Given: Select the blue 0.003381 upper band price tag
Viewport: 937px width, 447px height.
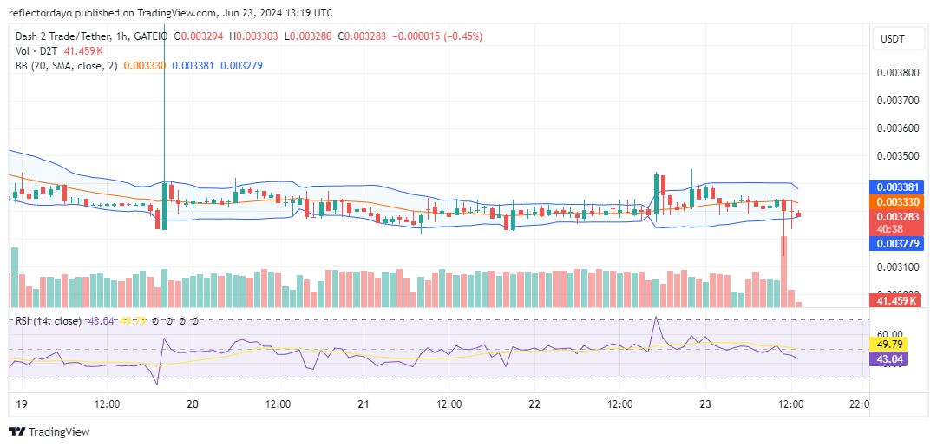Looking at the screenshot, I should coord(897,187).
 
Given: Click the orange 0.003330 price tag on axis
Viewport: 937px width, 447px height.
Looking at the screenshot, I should coord(897,200).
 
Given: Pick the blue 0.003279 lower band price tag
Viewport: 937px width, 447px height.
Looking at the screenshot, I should coord(897,244).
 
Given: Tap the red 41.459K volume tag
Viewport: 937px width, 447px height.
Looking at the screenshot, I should coord(897,300).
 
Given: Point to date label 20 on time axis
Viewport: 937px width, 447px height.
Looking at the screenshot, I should coord(193,404).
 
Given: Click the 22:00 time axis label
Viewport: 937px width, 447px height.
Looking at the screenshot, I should coord(858,404).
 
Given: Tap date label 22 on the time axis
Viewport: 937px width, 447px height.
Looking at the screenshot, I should coord(534,404).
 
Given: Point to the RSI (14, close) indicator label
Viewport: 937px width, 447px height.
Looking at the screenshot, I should coord(49,321).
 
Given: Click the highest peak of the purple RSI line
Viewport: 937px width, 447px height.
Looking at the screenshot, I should coord(657,319).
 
